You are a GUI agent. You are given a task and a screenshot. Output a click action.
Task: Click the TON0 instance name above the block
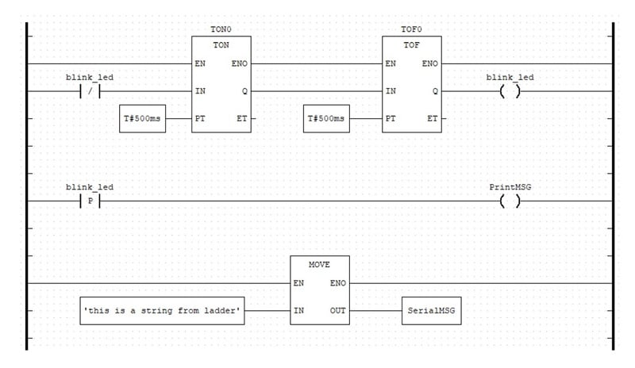pyautogui.click(x=221, y=29)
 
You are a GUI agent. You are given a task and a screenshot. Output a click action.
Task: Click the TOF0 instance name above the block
pyautogui.click(x=412, y=29)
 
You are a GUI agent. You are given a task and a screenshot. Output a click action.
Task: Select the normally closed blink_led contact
pyautogui.click(x=89, y=91)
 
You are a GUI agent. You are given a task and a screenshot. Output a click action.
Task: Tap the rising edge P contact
pyautogui.click(x=89, y=201)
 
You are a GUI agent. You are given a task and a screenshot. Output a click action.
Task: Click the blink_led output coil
pyautogui.click(x=510, y=91)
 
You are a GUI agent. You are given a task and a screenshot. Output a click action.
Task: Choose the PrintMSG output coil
pyautogui.click(x=510, y=201)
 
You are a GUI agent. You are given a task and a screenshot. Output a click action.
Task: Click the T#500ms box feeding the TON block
pyautogui.click(x=143, y=119)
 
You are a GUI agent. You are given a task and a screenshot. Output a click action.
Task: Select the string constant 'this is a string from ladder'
pyautogui.click(x=163, y=310)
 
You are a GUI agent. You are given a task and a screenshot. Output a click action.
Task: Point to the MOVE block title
pyautogui.click(x=318, y=263)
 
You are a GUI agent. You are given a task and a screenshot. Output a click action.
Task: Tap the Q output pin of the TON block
pyautogui.click(x=244, y=91)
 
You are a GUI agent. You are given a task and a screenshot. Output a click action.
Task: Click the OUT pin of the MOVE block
pyautogui.click(x=337, y=310)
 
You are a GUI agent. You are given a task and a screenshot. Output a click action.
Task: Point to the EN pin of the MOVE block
pyautogui.click(x=298, y=282)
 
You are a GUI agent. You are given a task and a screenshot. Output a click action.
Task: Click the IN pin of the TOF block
pyautogui.click(x=390, y=91)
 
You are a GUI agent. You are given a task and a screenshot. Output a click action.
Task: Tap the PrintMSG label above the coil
pyautogui.click(x=510, y=187)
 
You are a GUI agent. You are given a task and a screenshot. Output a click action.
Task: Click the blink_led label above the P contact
pyautogui.click(x=89, y=187)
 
